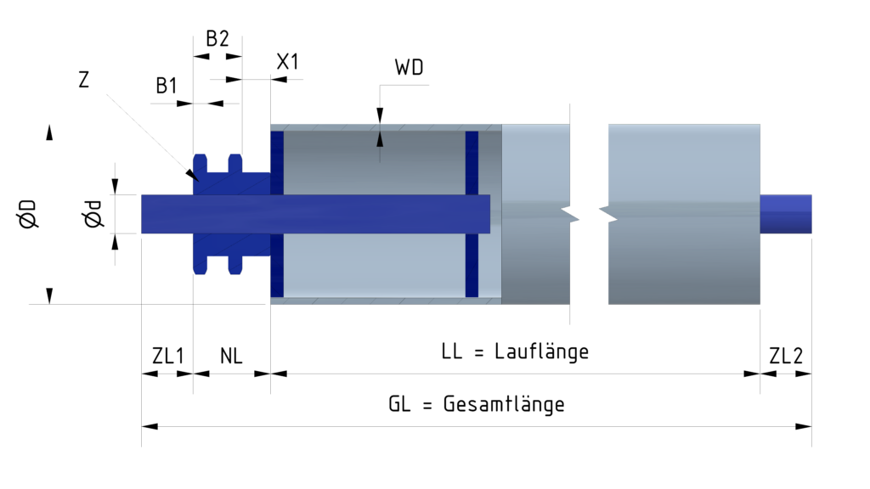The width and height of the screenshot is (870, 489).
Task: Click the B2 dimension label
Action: [x=217, y=39]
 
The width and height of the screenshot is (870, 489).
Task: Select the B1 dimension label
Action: [x=167, y=86]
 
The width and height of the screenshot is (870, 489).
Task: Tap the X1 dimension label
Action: [x=288, y=61]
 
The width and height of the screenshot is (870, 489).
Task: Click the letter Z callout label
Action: [x=83, y=80]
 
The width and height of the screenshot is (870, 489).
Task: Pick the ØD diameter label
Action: [x=28, y=213]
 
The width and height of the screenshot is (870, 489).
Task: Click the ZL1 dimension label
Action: [x=167, y=356]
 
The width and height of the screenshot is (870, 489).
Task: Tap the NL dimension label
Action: [x=231, y=356]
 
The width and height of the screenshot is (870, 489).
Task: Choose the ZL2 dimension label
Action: [x=786, y=356]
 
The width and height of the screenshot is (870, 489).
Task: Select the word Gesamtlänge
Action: [x=504, y=404]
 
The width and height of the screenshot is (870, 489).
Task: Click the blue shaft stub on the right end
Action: [x=786, y=214]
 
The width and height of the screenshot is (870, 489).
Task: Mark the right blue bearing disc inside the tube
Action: [x=472, y=214]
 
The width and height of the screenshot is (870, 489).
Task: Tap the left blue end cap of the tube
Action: [x=276, y=214]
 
